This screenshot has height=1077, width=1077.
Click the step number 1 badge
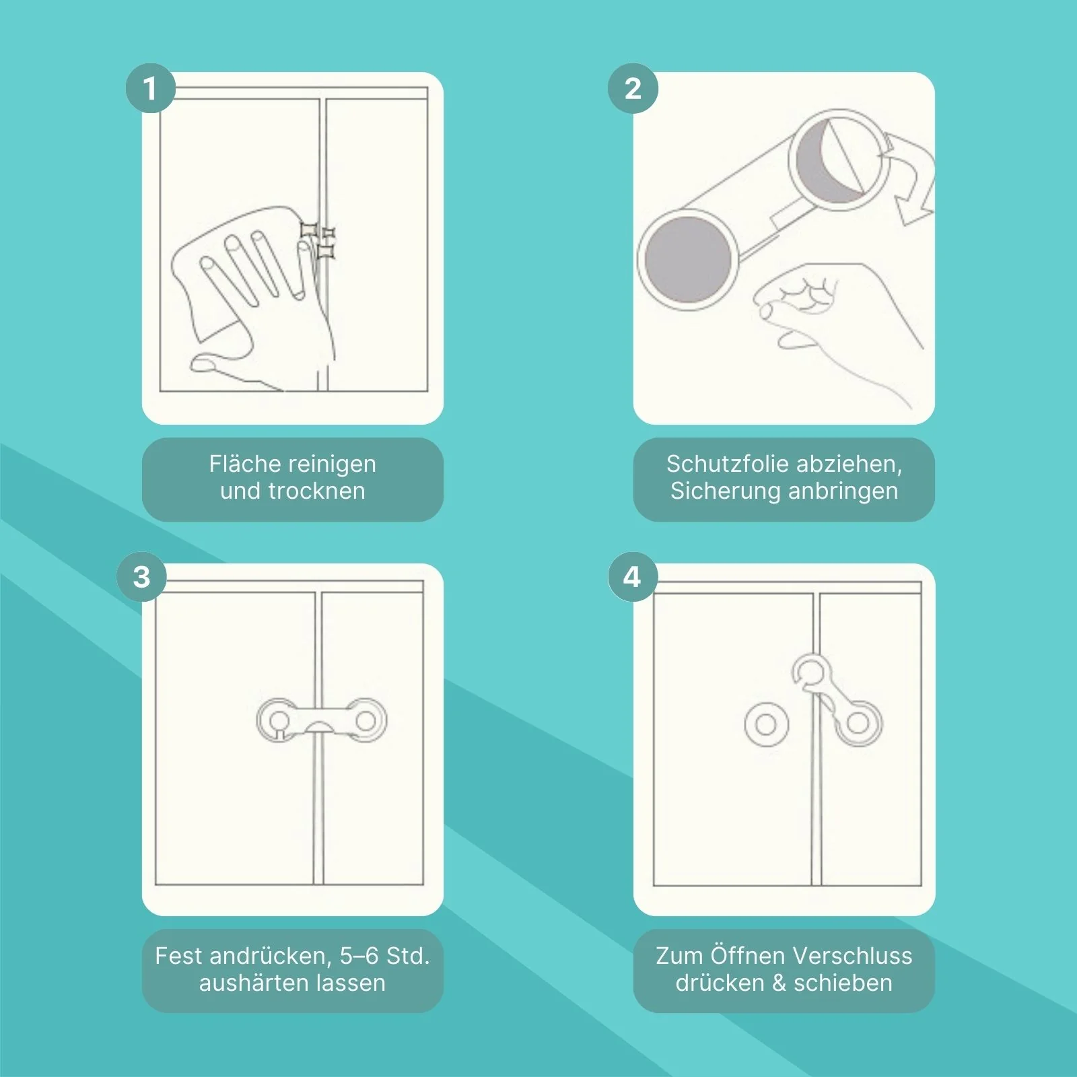[x=151, y=88]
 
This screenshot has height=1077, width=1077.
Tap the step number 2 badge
[x=633, y=88]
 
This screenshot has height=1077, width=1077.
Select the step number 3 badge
[x=141, y=577]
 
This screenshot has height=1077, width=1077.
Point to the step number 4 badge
[x=633, y=577]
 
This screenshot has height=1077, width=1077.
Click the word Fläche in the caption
[x=245, y=464]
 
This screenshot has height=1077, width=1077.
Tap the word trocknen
[x=316, y=491]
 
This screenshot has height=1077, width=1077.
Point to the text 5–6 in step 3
[x=359, y=956]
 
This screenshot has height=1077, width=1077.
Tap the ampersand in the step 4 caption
[x=779, y=983]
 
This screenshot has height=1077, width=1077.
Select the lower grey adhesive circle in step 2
[x=687, y=259]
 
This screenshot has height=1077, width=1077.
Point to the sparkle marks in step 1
[x=318, y=240]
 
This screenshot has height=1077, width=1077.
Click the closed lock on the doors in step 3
[x=322, y=721]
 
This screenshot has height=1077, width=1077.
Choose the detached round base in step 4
[x=766, y=725]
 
